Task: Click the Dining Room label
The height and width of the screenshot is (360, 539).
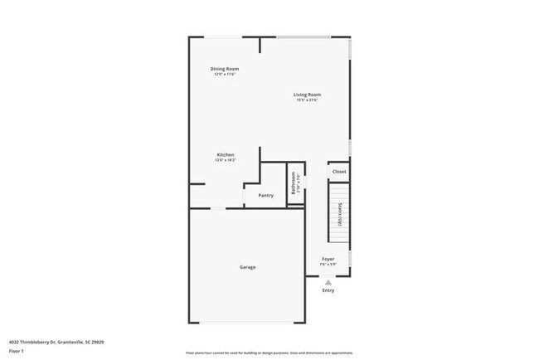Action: click(x=226, y=68)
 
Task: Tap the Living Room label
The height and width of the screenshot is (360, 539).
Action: click(x=307, y=95)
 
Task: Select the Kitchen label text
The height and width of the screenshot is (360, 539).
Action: click(x=226, y=155)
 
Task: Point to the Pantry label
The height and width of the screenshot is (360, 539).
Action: click(x=265, y=195)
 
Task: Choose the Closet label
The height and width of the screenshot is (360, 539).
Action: click(x=339, y=172)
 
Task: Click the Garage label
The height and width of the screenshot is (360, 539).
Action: click(x=247, y=267)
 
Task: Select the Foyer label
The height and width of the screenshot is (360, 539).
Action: click(x=328, y=259)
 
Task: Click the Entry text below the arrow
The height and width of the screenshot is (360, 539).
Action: click(x=328, y=290)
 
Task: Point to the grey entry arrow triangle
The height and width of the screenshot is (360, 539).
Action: click(x=328, y=282)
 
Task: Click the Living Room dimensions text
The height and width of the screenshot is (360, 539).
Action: click(x=307, y=100)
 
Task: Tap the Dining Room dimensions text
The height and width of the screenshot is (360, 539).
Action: click(x=226, y=75)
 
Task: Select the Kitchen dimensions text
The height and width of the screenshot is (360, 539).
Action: click(x=226, y=161)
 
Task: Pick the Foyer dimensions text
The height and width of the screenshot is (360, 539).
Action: click(x=328, y=265)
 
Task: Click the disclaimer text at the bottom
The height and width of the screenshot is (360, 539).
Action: click(x=269, y=352)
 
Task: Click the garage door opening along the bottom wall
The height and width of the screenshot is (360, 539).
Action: click(x=247, y=323)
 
